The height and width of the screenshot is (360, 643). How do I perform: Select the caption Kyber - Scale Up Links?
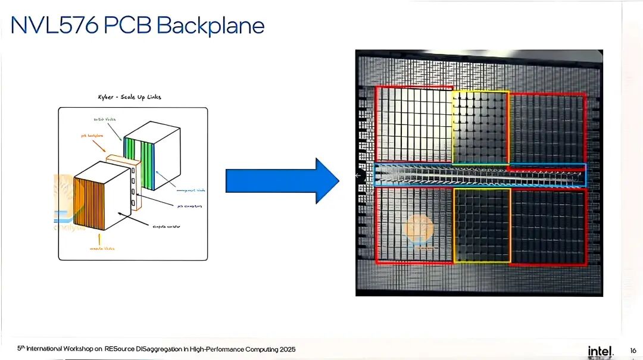point(129,97)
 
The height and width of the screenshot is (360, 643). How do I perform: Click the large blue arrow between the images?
point(282,181)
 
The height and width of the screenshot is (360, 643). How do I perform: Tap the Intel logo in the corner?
point(601,351)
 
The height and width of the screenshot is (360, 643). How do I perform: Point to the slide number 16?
point(632,350)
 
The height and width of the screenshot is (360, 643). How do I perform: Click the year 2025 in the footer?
point(286,349)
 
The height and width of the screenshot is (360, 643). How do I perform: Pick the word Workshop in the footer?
point(79,349)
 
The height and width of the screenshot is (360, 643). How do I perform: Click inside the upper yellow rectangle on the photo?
point(480,127)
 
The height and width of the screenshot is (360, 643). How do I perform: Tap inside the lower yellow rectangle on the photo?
point(482,225)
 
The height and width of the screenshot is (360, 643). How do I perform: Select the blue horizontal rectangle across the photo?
point(479,175)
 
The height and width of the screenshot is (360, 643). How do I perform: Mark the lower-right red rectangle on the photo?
point(548,226)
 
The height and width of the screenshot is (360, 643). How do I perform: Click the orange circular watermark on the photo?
point(419,228)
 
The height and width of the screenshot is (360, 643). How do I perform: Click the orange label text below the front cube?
point(102,248)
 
